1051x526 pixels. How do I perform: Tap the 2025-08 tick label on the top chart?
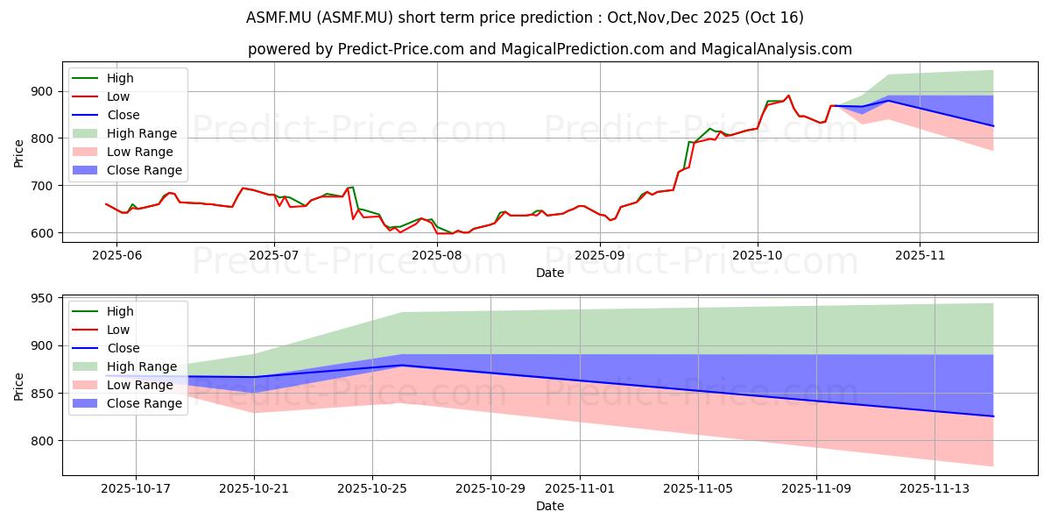(x=436, y=255)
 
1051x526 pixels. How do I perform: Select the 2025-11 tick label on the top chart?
(x=920, y=255)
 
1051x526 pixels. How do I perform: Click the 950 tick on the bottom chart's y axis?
(x=41, y=298)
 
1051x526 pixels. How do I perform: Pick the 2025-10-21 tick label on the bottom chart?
(x=255, y=488)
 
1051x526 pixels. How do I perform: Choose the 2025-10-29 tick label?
(x=490, y=488)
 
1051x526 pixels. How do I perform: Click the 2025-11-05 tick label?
(x=698, y=488)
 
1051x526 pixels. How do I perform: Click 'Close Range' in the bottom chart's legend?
(x=144, y=403)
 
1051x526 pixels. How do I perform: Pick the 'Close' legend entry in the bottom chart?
(x=123, y=348)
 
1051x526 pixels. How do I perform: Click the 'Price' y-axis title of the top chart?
(x=19, y=153)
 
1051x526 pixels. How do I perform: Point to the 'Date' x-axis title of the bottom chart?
(x=550, y=506)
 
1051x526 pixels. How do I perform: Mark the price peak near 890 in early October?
(x=788, y=96)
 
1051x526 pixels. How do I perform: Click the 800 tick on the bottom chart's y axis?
(x=41, y=440)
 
